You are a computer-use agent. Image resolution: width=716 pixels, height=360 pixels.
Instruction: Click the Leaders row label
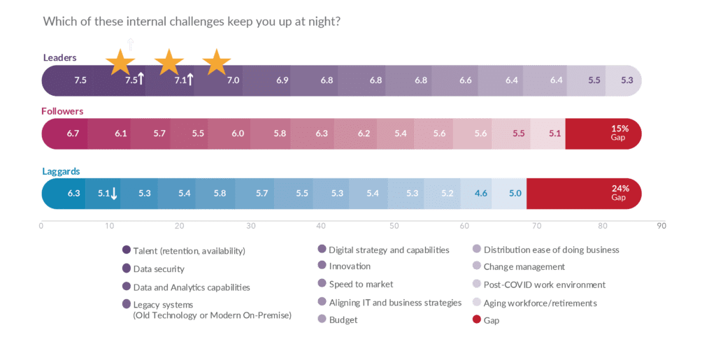coord(59,57)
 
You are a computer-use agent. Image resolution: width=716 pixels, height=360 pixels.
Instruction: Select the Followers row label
coord(62,111)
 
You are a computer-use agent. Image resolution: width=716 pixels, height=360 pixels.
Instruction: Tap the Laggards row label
coord(61,171)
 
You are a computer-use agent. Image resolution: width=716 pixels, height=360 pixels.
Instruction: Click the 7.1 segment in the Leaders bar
coord(180,80)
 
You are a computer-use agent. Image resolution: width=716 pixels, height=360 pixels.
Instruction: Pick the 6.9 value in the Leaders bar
coord(282,80)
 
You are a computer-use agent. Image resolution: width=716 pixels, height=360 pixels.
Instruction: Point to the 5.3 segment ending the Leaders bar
coord(626,80)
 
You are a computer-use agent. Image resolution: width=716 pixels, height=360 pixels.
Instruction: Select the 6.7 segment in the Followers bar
coord(73,133)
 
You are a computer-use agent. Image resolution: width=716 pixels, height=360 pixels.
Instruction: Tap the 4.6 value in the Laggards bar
coord(480,193)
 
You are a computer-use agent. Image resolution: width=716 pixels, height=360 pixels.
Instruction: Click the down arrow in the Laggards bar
coord(114,193)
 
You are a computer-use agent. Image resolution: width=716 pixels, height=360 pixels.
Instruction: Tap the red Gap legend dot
coord(476,320)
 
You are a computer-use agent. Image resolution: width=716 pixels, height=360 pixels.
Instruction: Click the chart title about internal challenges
coord(192,22)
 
